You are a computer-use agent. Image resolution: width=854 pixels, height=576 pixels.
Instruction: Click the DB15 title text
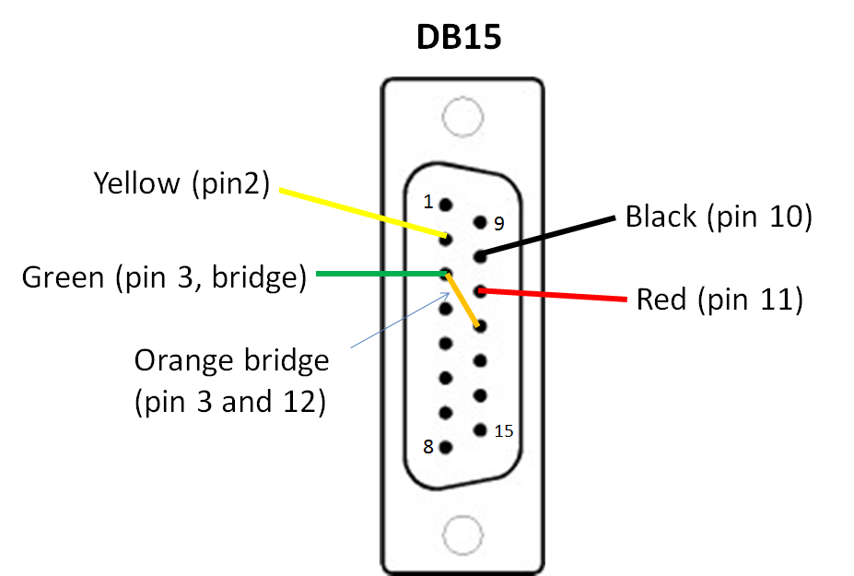[459, 37]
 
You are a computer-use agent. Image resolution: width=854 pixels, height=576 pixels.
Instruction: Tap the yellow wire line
[363, 213]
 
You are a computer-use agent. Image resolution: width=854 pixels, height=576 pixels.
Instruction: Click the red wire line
[552, 295]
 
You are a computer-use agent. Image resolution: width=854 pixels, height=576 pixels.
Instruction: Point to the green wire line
[381, 274]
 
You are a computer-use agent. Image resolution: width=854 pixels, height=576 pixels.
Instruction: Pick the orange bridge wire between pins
[462, 300]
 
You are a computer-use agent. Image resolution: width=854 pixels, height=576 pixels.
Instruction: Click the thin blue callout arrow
[401, 320]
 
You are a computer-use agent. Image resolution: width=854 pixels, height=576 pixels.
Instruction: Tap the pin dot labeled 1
[446, 205]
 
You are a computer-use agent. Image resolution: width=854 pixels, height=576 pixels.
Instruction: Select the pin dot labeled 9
[480, 222]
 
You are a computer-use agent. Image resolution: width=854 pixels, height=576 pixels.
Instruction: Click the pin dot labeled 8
[446, 448]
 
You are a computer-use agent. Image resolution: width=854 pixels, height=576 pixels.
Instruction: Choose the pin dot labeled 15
[480, 430]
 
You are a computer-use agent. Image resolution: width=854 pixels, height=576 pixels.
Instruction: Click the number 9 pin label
[499, 223]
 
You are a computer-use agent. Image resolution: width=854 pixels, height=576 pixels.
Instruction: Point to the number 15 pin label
[504, 431]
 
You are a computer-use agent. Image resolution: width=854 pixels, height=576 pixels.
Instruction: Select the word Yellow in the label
[136, 183]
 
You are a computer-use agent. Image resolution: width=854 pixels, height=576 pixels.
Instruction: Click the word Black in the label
[661, 217]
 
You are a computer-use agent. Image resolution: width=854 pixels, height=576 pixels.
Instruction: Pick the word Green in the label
[64, 276]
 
